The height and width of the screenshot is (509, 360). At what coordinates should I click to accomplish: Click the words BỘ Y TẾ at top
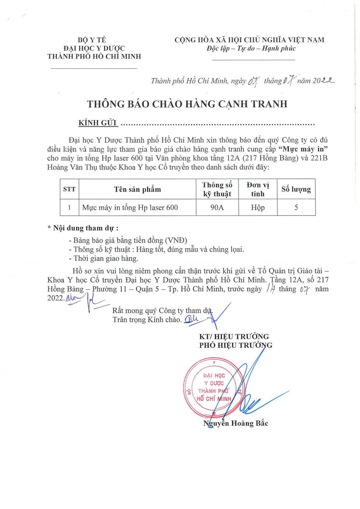(x=94, y=40)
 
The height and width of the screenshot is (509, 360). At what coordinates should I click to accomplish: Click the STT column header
(x=69, y=189)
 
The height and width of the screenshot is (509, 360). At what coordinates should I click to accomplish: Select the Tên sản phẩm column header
(x=137, y=189)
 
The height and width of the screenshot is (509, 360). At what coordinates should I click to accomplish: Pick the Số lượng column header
(x=296, y=189)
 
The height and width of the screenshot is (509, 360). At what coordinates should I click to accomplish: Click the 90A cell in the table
(x=217, y=207)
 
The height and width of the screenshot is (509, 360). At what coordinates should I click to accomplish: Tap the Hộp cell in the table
(x=257, y=207)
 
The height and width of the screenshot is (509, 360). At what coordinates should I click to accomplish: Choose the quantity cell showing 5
(x=296, y=207)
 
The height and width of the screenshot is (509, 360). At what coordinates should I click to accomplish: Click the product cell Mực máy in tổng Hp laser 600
(x=130, y=207)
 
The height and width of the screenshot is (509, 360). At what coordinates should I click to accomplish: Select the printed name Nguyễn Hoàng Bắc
(x=236, y=423)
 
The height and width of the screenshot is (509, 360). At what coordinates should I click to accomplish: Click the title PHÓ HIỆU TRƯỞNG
(x=236, y=345)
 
